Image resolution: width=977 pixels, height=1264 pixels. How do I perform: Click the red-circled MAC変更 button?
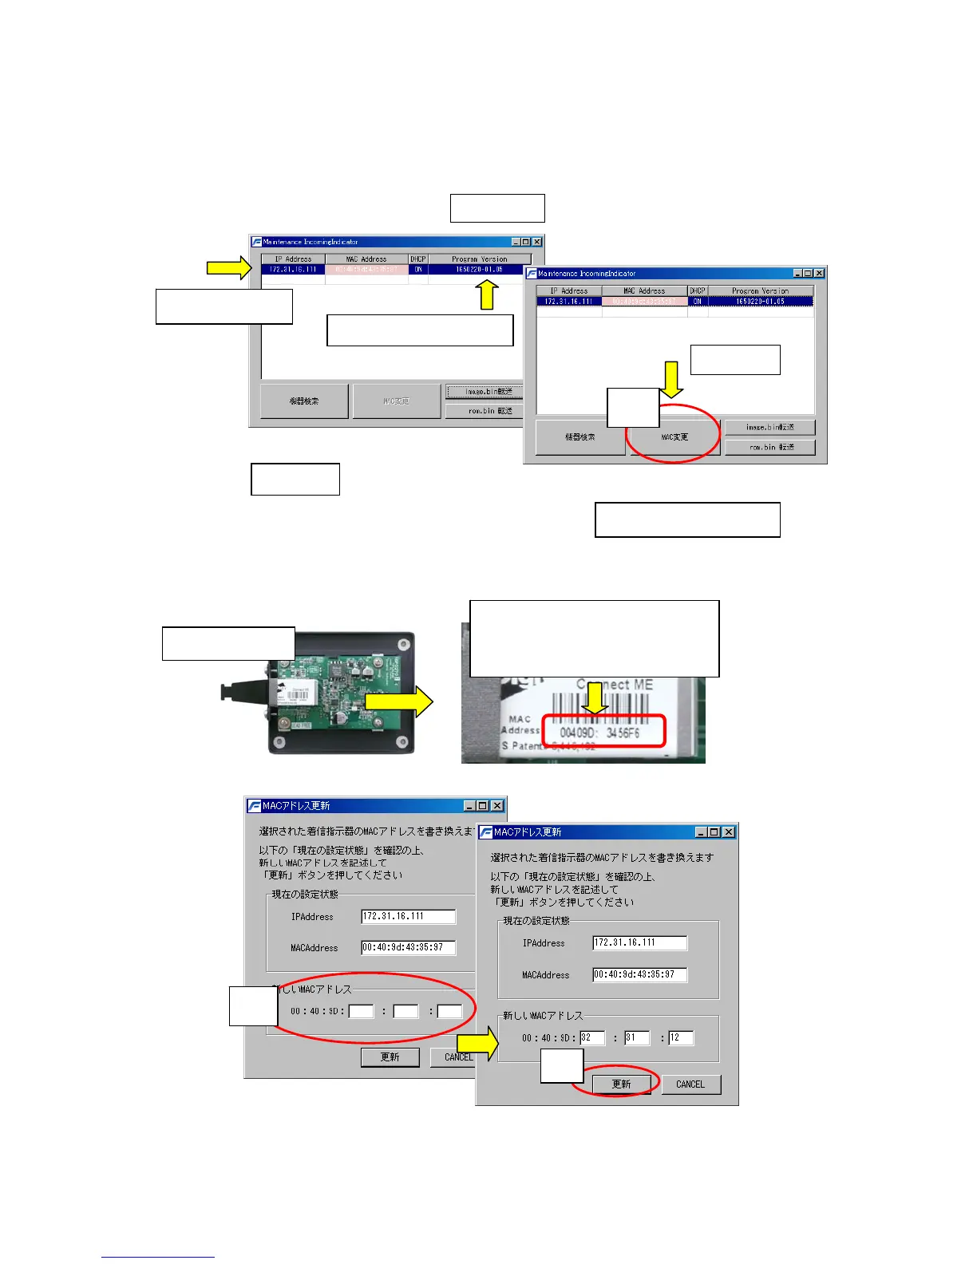[674, 437]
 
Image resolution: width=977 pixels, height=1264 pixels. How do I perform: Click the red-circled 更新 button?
[621, 1084]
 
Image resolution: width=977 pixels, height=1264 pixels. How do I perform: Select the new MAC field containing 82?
[591, 1037]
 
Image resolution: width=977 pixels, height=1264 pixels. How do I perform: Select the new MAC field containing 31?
[636, 1037]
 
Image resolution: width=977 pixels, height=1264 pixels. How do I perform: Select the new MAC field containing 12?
[680, 1037]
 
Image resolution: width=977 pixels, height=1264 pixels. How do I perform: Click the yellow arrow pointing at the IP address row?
[228, 268]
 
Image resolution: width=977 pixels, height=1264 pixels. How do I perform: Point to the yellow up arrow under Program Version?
[487, 296]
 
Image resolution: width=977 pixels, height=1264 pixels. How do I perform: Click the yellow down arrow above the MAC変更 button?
[672, 379]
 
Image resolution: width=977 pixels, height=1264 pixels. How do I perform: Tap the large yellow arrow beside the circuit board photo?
[398, 702]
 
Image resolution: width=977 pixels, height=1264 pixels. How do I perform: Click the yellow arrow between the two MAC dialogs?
[477, 1043]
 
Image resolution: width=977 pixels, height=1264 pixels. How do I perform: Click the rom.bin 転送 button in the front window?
[770, 447]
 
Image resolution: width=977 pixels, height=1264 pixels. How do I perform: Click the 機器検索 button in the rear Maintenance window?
[304, 401]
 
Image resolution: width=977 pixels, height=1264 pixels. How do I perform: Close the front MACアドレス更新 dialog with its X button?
[729, 831]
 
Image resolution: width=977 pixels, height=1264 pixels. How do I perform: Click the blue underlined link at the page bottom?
[158, 1257]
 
